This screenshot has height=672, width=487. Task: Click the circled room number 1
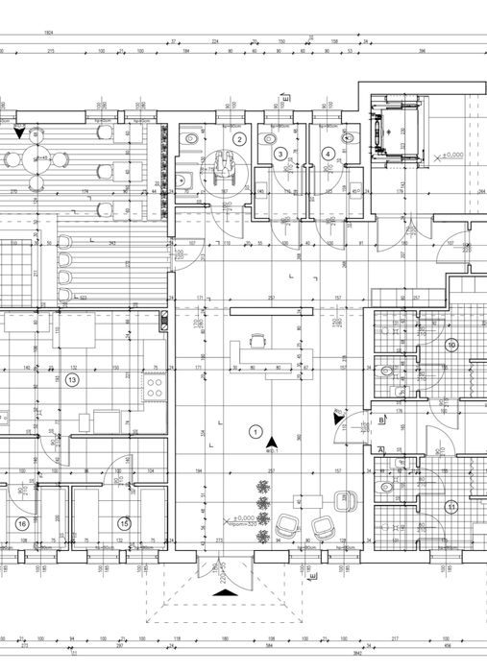(x=255, y=431)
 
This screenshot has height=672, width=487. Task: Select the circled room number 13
(x=71, y=379)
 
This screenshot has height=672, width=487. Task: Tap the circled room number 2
(x=240, y=139)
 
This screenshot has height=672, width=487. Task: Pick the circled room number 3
(x=280, y=154)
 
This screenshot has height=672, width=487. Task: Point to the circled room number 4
(x=328, y=153)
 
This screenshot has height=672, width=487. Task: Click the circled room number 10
(x=451, y=344)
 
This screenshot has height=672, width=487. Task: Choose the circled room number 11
(x=450, y=507)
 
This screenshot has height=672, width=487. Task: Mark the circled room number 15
(x=124, y=523)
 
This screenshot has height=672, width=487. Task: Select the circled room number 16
(x=22, y=523)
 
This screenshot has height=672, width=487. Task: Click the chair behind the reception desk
(x=256, y=340)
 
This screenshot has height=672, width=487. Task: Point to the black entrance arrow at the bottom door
(x=223, y=592)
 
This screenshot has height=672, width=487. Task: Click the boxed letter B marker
(x=381, y=420)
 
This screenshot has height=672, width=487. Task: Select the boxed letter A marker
(x=381, y=449)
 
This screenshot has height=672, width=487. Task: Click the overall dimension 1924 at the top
(x=48, y=33)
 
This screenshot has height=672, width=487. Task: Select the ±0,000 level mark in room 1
(x=240, y=519)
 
